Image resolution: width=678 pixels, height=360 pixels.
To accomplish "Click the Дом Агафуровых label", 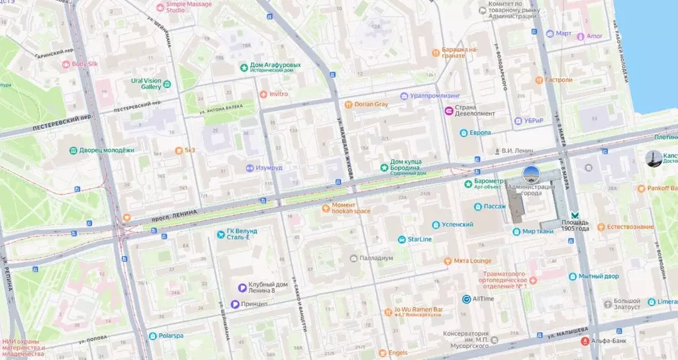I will click(275, 66).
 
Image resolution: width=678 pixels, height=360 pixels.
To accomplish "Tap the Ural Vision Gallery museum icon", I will click(167, 84).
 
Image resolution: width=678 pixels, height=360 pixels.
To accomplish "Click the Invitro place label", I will click(278, 94).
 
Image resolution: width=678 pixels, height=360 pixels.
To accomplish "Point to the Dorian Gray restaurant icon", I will click(348, 105).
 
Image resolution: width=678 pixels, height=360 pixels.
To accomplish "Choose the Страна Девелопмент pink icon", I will click(448, 111).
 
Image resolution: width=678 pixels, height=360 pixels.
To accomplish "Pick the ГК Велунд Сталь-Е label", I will click(246, 234).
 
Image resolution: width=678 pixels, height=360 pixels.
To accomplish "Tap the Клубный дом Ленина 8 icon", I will click(243, 287).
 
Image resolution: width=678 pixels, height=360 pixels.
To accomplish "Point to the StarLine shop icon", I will click(402, 239).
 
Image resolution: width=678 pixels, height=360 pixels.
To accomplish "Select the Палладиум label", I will click(376, 258).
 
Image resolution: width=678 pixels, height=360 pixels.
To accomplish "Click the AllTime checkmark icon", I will click(466, 299).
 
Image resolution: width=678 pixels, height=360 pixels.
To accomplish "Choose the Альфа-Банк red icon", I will click(584, 341).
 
